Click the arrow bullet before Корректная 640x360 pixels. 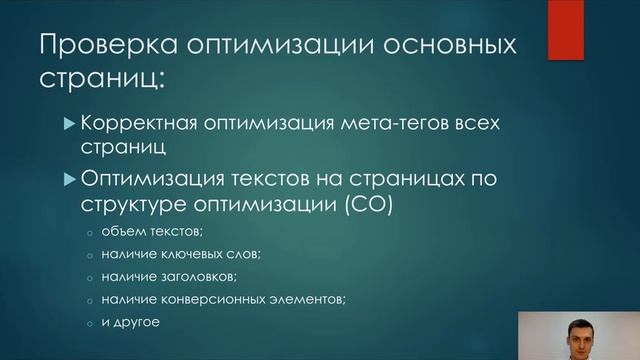[x=69, y=125]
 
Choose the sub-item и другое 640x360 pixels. [x=131, y=323]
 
